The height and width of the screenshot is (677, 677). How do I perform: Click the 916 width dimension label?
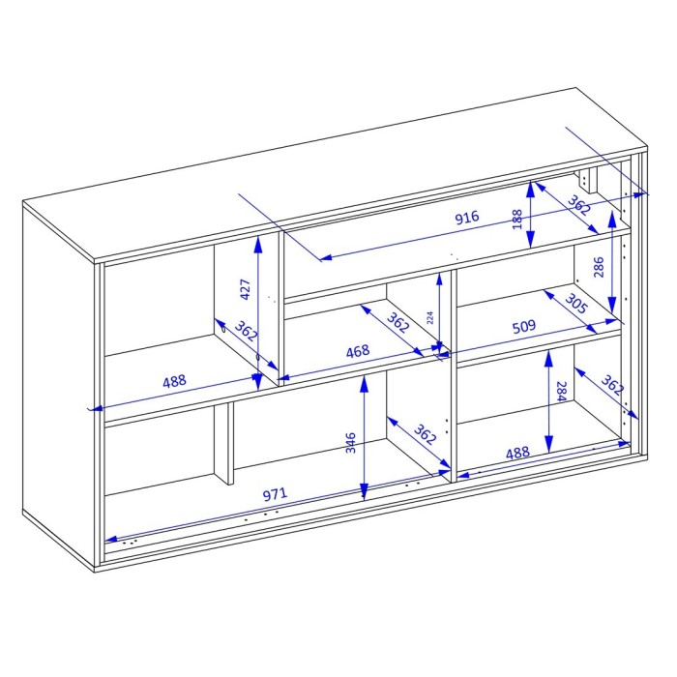467,217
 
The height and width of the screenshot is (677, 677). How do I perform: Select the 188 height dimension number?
516,220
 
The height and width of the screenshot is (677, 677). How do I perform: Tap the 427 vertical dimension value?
245,289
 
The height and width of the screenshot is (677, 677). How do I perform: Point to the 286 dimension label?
599,267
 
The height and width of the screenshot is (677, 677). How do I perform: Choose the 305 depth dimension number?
576,304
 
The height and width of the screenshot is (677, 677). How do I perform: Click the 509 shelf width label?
524,327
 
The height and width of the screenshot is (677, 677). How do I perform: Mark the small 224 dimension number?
429,318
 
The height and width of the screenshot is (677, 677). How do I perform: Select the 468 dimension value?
358,351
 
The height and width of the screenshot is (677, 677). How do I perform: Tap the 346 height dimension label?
351,443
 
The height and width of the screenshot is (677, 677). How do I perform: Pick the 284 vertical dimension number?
561,391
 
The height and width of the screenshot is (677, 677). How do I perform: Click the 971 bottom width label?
275,493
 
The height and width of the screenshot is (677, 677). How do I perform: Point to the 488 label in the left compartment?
174,381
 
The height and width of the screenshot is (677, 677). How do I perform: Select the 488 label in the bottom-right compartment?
517,453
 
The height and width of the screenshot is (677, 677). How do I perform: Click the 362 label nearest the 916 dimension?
579,205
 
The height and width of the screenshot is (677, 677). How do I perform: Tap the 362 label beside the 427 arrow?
246,331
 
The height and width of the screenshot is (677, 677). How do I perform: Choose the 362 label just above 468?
397,322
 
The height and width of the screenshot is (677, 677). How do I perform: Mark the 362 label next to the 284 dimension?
612,385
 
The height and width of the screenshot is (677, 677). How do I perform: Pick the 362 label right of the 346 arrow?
426,434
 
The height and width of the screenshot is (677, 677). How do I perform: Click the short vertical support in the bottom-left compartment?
224,443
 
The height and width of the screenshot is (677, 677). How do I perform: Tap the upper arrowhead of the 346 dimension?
365,383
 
